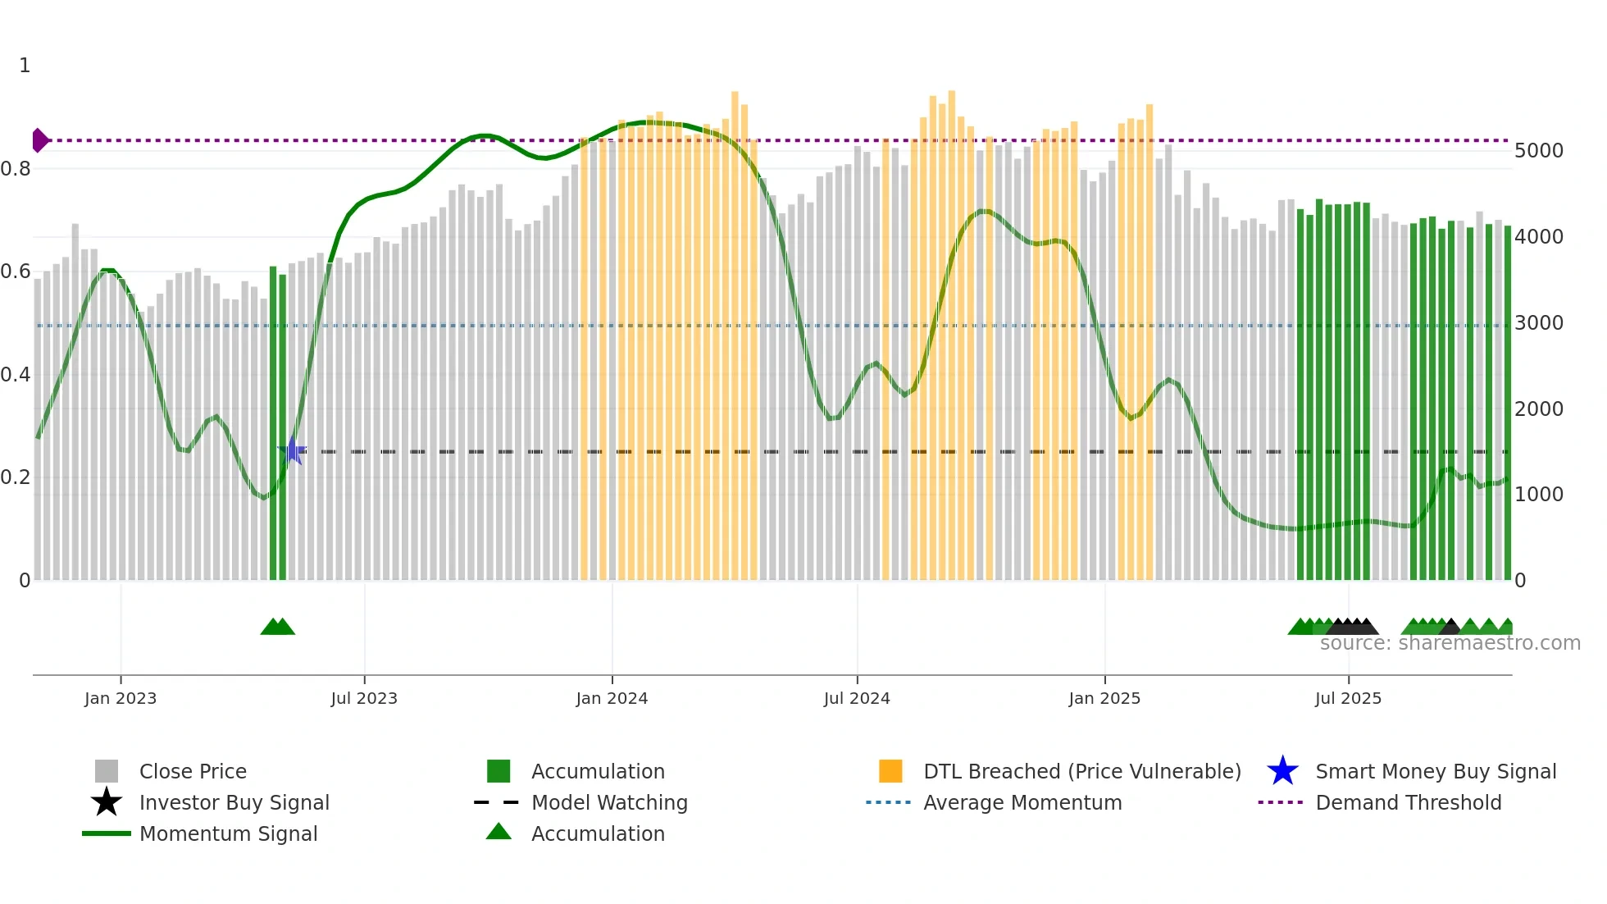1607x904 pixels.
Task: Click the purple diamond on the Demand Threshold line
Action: [39, 140]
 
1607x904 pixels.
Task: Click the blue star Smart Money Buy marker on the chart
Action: [293, 450]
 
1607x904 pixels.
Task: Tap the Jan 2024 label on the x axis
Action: [612, 698]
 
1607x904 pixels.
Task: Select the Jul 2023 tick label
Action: [364, 698]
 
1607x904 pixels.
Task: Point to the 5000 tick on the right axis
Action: [1539, 151]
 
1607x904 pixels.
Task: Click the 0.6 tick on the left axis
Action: [16, 272]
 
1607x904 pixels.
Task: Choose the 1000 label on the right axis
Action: [1539, 495]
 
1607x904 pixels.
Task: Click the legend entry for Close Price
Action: [193, 771]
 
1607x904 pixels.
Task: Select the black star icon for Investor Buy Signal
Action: [107, 802]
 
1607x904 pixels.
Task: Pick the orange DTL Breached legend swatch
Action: [890, 771]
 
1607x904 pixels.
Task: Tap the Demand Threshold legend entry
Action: [1408, 802]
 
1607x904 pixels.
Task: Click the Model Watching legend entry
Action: [608, 802]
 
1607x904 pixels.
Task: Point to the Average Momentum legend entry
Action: [1022, 802]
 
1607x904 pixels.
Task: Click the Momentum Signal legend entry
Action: [228, 833]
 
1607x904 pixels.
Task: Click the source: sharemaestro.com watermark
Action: [1450, 643]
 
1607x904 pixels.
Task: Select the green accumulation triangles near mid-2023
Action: [277, 627]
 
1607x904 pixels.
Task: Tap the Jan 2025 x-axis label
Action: [1104, 698]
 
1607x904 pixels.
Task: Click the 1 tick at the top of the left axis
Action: [25, 66]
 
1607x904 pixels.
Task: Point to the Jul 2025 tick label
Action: [1348, 698]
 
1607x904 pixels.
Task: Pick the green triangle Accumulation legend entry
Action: [597, 833]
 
